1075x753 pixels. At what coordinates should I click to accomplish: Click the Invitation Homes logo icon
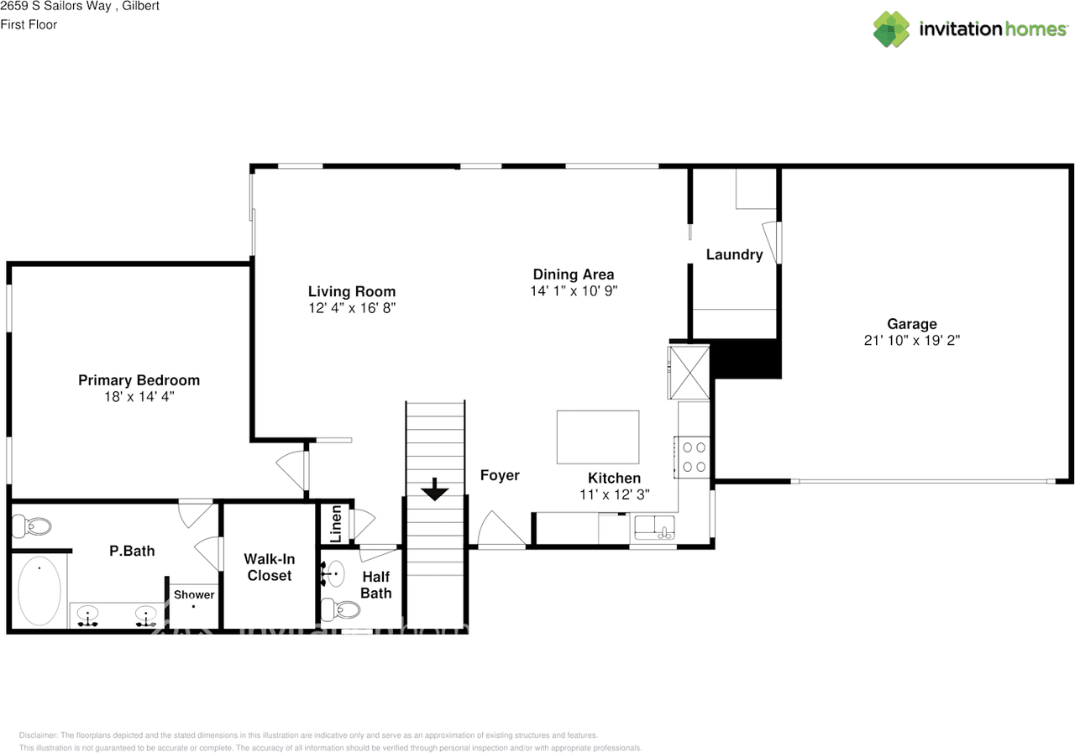click(891, 29)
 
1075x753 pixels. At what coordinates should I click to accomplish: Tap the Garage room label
click(911, 324)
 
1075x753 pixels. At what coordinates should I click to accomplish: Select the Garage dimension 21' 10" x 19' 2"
click(911, 341)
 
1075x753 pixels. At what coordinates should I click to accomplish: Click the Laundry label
click(734, 254)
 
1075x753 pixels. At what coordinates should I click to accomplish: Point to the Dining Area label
click(573, 275)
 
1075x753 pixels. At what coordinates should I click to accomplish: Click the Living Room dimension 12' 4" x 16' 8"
click(351, 308)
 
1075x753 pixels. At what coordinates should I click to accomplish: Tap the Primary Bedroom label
click(139, 380)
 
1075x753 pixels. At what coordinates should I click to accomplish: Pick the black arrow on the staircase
click(434, 489)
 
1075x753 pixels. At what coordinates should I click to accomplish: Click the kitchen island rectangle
click(598, 437)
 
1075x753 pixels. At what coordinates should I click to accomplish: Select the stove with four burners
click(694, 456)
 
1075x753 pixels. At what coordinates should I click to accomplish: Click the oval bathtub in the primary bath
click(39, 591)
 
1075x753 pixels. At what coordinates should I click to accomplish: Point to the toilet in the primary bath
click(32, 526)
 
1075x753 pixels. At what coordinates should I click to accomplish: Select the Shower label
click(194, 594)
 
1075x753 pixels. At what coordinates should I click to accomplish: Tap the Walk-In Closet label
click(269, 567)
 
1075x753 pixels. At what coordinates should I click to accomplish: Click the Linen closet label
click(336, 521)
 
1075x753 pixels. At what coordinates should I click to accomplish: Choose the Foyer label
click(500, 475)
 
